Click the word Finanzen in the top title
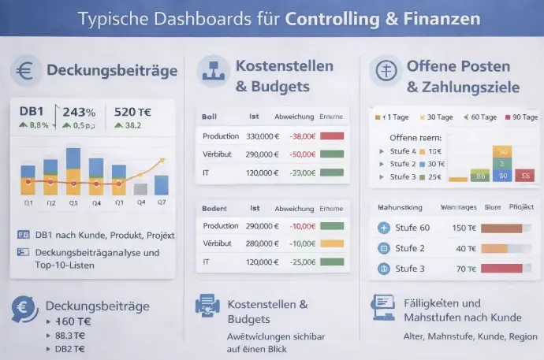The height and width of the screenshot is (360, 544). pyautogui.click(x=432, y=18)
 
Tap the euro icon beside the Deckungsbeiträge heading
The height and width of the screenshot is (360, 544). pyautogui.click(x=26, y=72)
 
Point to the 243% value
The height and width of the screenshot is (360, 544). pyautogui.click(x=79, y=112)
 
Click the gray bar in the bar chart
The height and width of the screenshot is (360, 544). pyautogui.click(x=140, y=189)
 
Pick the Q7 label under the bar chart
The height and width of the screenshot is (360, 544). pyautogui.click(x=161, y=202)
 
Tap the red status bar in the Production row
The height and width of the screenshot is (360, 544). pyautogui.click(x=332, y=135)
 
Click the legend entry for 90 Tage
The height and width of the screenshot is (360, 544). pyautogui.click(x=521, y=117)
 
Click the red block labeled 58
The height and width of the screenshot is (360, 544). pyautogui.click(x=525, y=176)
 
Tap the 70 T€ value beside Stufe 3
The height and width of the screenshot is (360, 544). pyautogui.click(x=466, y=269)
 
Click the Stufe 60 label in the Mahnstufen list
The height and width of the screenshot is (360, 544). pyautogui.click(x=412, y=228)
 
